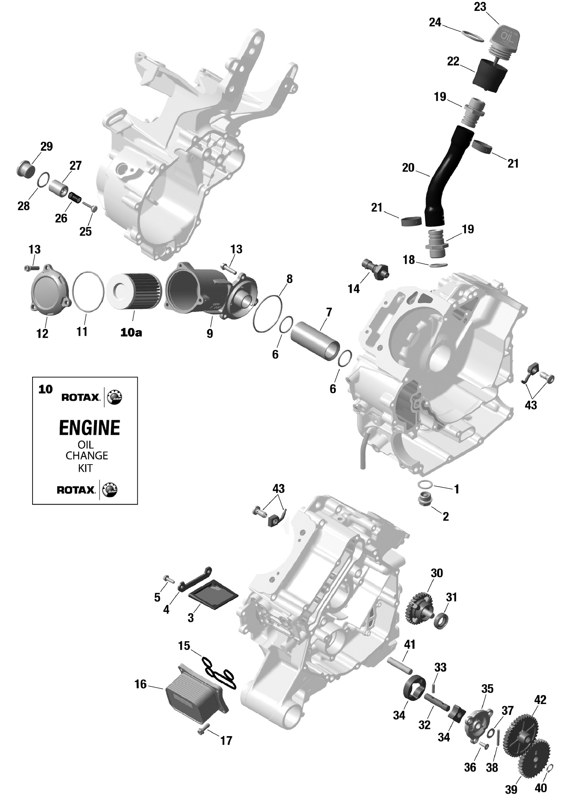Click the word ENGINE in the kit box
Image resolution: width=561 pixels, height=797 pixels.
point(89,428)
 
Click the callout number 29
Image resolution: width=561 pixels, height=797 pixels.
point(47,146)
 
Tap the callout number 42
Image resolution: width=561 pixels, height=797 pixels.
point(540,700)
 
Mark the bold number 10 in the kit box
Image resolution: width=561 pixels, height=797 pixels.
point(46,389)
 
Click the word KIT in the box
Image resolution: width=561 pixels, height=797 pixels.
point(85,468)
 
